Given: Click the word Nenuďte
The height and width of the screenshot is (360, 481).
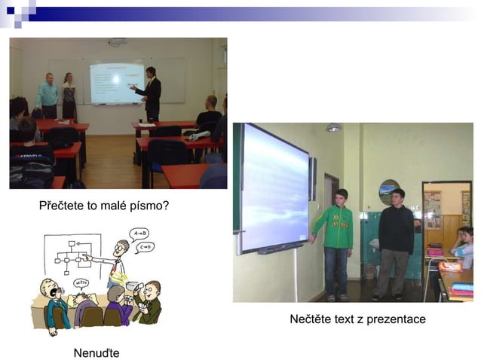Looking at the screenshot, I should (96, 352).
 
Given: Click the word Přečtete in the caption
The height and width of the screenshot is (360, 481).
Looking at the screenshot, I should (63, 205).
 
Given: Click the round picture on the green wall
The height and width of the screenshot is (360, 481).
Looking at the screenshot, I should (389, 191).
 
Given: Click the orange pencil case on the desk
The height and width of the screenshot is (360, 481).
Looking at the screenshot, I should (449, 266).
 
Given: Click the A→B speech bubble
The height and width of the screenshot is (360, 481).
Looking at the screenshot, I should (139, 233).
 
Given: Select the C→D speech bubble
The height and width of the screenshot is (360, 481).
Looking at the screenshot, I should (144, 246).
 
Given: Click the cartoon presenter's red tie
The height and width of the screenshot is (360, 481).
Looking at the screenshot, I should (117, 264).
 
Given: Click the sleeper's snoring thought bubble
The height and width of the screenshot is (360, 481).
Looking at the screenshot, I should (81, 283).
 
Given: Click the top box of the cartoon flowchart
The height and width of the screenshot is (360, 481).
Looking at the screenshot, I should (72, 244).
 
